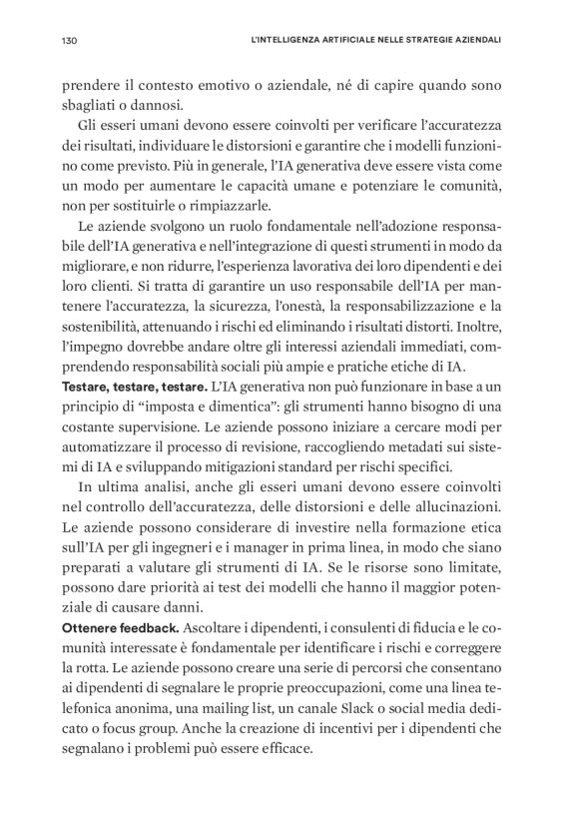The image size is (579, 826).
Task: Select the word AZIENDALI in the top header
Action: click(x=473, y=42)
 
